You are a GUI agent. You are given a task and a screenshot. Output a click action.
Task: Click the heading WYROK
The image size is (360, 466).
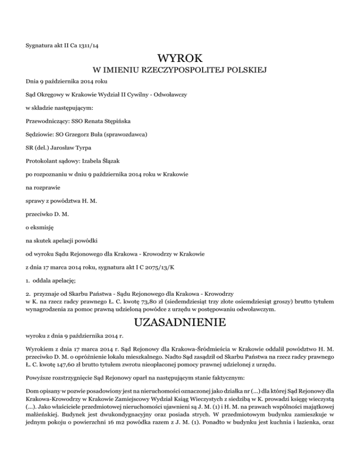(x=180, y=59)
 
